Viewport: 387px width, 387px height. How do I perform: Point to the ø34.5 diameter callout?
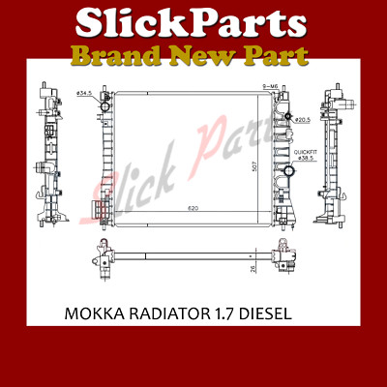[84, 94]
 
